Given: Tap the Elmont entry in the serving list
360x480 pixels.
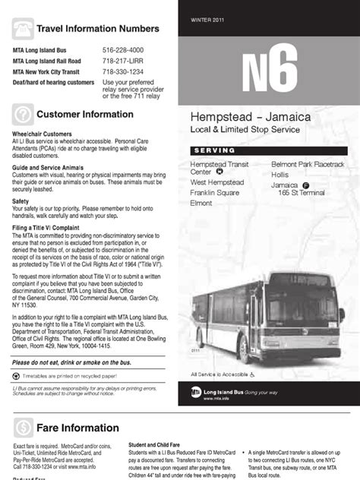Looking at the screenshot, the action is click(x=201, y=204).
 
